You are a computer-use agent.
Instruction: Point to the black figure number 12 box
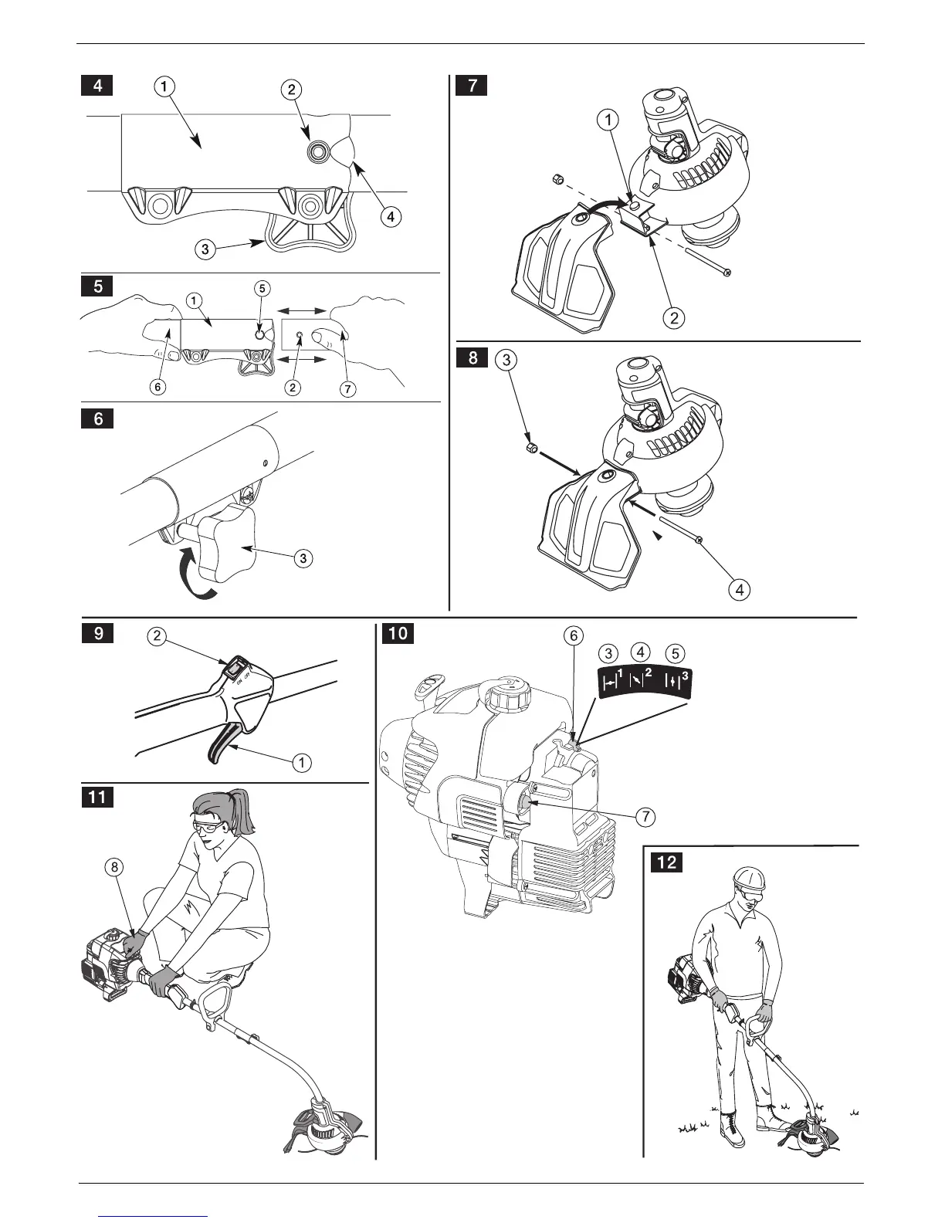click(x=667, y=860)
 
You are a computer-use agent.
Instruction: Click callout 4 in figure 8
click(x=740, y=590)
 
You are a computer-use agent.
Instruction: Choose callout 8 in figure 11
click(x=114, y=867)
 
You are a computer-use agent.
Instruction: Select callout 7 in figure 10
click(x=645, y=815)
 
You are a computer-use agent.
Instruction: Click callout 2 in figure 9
click(x=157, y=636)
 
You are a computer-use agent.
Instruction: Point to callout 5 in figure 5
click(x=262, y=289)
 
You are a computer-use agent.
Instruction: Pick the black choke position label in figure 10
click(x=645, y=683)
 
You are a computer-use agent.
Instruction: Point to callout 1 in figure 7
click(x=609, y=120)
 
